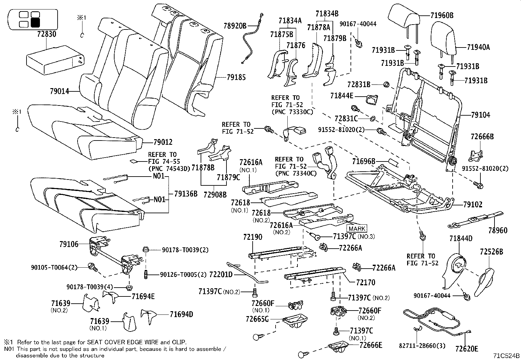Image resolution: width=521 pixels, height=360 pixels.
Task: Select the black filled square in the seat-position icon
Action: tap(35, 23)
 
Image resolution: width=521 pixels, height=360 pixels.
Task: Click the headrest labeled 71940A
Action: tap(442, 38)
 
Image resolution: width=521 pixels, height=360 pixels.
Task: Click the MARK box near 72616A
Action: tap(357, 229)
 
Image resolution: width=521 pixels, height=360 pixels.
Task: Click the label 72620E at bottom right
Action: tap(467, 349)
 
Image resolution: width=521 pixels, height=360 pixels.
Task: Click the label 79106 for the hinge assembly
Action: tap(69, 244)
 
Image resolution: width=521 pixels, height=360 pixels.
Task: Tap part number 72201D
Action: tap(221, 274)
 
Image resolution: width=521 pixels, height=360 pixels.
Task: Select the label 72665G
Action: tap(257, 319)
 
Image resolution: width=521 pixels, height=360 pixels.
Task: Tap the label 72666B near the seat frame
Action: tap(482, 137)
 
